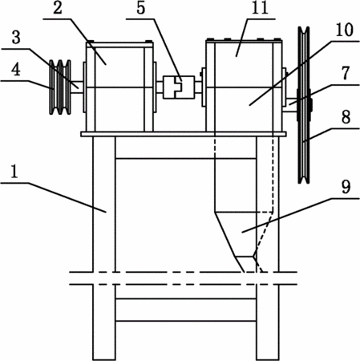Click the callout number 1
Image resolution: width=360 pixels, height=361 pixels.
click(x=14, y=172)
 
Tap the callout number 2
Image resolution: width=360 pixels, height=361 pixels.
click(x=58, y=8)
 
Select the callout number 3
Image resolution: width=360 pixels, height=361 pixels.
click(x=16, y=38)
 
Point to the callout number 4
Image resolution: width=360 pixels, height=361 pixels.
click(x=16, y=70)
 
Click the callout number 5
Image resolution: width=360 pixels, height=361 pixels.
click(x=141, y=8)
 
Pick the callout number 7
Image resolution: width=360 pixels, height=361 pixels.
click(x=346, y=73)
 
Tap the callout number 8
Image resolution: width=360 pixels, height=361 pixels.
click(x=346, y=117)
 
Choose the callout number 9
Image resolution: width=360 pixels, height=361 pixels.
click(x=346, y=187)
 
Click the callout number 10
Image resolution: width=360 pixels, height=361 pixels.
click(x=345, y=30)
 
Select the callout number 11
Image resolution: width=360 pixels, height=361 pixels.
click(x=260, y=8)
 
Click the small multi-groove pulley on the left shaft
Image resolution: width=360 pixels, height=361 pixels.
click(x=60, y=87)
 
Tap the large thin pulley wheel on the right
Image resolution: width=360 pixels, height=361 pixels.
click(x=304, y=105)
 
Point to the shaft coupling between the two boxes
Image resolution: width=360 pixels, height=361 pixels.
click(x=179, y=87)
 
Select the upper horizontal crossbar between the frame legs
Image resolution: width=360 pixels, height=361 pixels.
click(x=186, y=159)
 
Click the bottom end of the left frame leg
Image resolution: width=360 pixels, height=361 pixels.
click(x=104, y=359)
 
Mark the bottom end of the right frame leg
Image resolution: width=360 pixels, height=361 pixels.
click(x=268, y=359)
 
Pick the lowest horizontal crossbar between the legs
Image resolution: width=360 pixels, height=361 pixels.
click(x=186, y=321)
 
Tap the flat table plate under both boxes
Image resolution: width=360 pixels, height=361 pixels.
click(x=184, y=134)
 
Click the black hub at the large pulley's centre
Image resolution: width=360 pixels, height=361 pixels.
click(x=310, y=105)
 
